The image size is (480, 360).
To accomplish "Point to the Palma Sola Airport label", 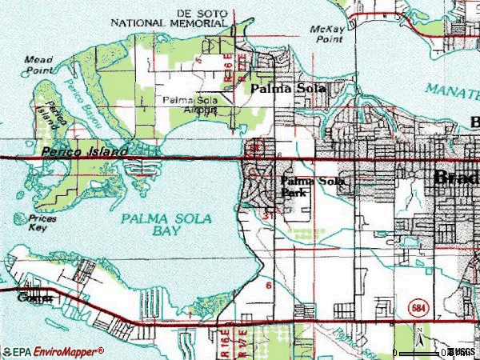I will tap(190, 105).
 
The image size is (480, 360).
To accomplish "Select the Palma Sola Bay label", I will tap(150, 226).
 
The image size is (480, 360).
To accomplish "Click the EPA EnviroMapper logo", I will tap(53, 351).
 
